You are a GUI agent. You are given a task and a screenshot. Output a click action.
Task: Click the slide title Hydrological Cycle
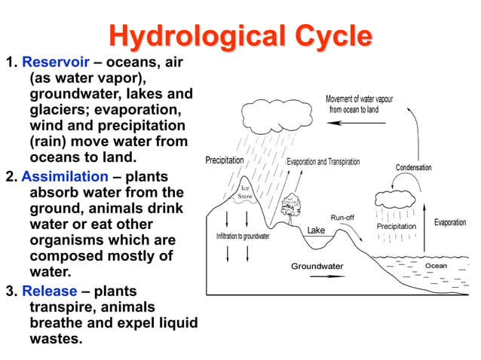point(240,35)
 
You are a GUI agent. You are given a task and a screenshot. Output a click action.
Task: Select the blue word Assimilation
point(65,176)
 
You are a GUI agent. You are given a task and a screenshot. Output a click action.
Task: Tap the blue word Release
point(49,291)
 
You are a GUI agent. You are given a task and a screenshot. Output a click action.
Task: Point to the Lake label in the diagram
point(316,230)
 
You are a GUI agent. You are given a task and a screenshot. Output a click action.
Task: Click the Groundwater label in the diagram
point(317,266)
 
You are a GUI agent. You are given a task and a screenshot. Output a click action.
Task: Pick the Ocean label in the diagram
point(436,266)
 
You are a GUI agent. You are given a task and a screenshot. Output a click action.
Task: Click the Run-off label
point(342,218)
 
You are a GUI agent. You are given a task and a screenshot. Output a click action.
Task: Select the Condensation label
point(413,167)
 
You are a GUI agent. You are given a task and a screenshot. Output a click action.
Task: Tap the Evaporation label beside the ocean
point(450,223)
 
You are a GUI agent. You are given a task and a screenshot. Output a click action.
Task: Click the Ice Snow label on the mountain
point(246,192)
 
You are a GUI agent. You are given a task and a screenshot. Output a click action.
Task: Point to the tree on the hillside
point(290,203)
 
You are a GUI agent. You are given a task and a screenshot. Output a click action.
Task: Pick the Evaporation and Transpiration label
point(323,162)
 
